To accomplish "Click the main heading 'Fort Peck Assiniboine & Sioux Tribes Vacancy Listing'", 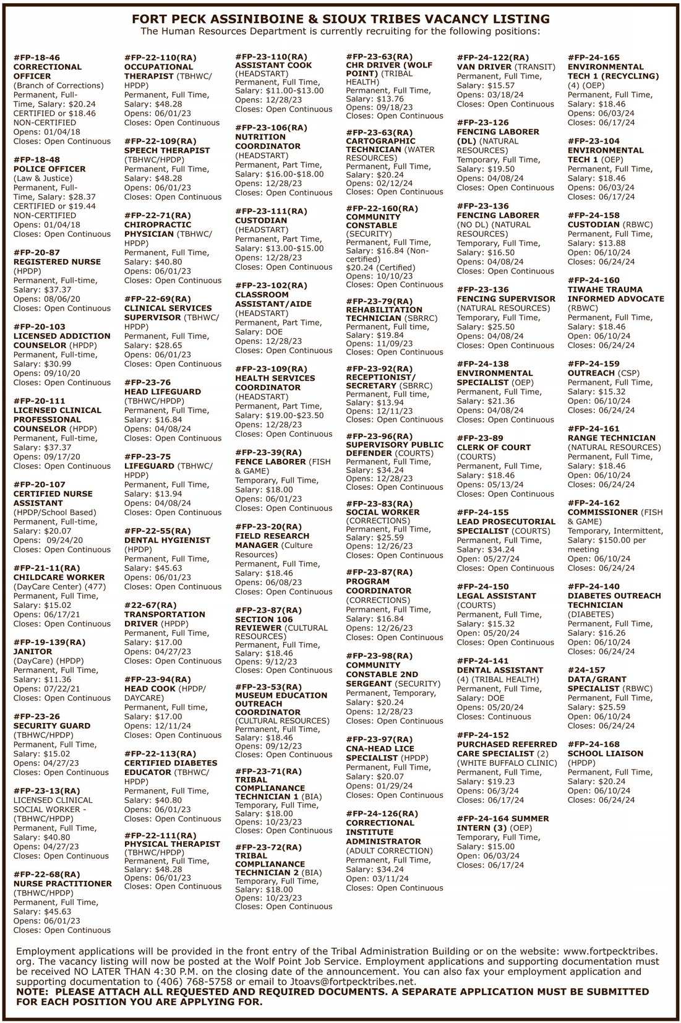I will pos(340,19).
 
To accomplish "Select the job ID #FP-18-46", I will pos(37,58).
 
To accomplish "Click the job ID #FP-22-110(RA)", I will pos(160,58).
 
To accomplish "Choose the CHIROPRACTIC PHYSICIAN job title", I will pos(158,229).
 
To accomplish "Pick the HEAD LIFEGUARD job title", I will pos(163,392).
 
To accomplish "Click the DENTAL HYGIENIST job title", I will pos(167,540).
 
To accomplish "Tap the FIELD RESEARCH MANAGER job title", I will pos(272,541).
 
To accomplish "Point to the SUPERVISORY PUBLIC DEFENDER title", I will pos(394,448).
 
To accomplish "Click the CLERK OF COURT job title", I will pos(494,447).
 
